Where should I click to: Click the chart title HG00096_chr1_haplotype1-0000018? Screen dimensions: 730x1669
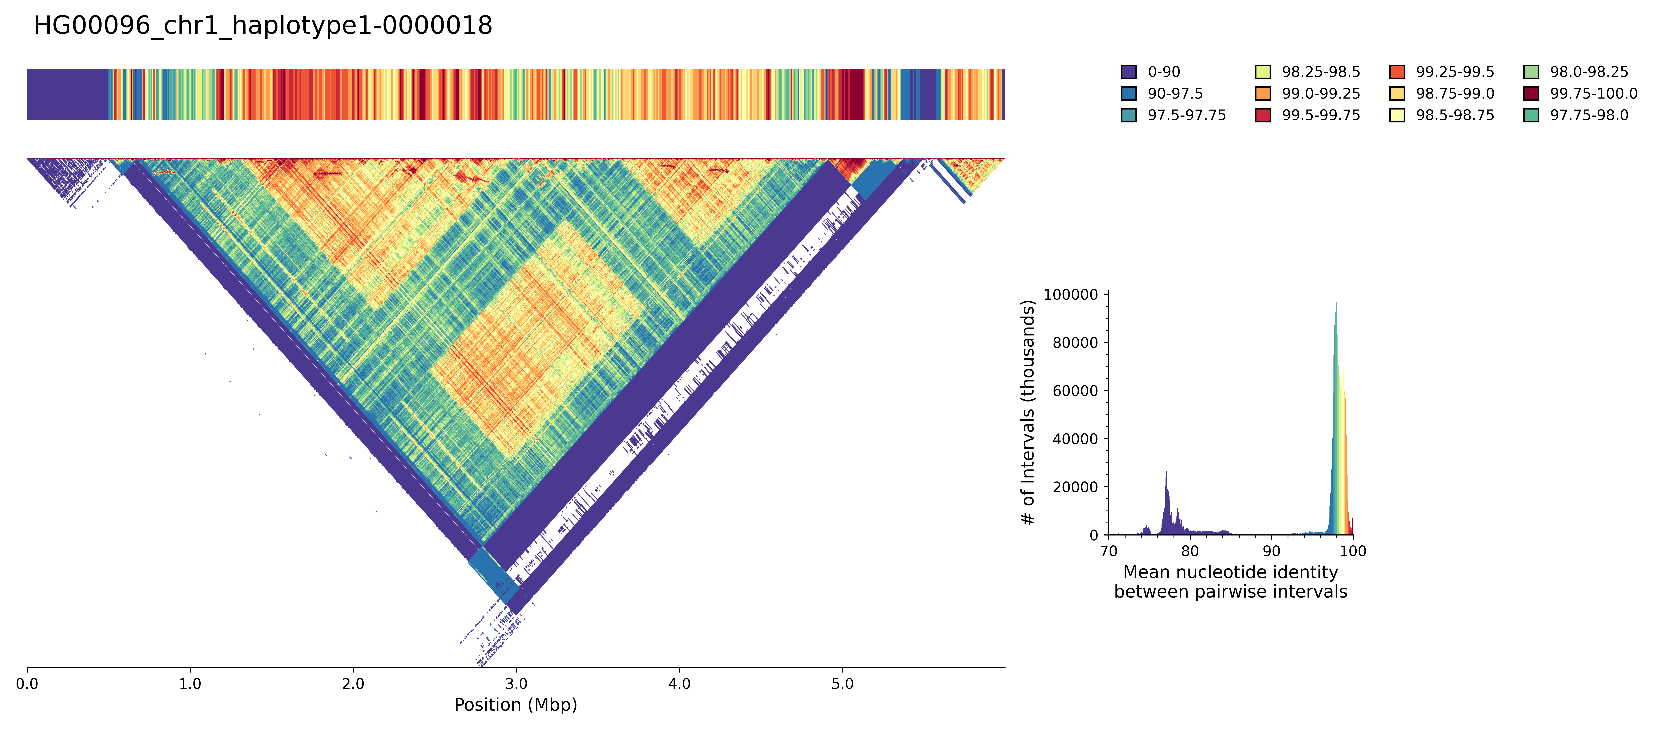pyautogui.click(x=263, y=26)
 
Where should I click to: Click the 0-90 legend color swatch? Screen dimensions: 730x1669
pyautogui.click(x=1129, y=72)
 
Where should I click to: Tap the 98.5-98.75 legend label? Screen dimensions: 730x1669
pyautogui.click(x=1454, y=115)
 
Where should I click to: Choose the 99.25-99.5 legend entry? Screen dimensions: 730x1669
pyautogui.click(x=1454, y=72)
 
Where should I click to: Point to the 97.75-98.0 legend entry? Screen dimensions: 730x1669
pyautogui.click(x=1589, y=115)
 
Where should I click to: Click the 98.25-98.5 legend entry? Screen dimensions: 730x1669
pyautogui.click(x=1320, y=72)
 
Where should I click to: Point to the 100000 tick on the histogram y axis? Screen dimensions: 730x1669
pyautogui.click(x=1071, y=295)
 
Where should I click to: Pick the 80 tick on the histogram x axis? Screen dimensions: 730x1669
pyautogui.click(x=1190, y=551)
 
